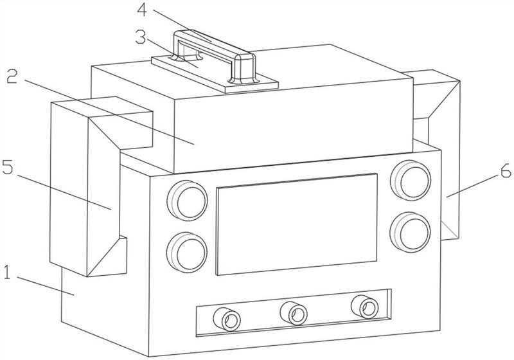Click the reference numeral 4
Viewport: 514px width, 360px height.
[x=142, y=10]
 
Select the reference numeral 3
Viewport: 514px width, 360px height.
[x=141, y=38]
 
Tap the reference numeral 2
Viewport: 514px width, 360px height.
[x=12, y=76]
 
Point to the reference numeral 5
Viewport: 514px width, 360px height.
[x=8, y=167]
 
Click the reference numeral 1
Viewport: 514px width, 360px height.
[x=8, y=273]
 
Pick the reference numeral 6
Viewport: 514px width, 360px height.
[x=506, y=170]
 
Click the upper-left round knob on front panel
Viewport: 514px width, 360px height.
[x=187, y=200]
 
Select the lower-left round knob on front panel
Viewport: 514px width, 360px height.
[x=187, y=252]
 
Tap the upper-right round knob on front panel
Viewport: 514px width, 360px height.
[x=411, y=180]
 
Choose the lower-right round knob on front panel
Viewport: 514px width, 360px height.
[x=410, y=232]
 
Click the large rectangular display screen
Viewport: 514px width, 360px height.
[x=296, y=224]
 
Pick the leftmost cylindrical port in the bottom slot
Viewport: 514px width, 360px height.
[x=227, y=319]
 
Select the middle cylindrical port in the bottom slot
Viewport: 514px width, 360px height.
[x=294, y=313]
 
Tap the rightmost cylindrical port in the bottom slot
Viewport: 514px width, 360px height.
[x=364, y=306]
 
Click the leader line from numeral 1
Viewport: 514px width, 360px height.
[x=46, y=286]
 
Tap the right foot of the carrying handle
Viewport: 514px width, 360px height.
[x=244, y=71]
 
